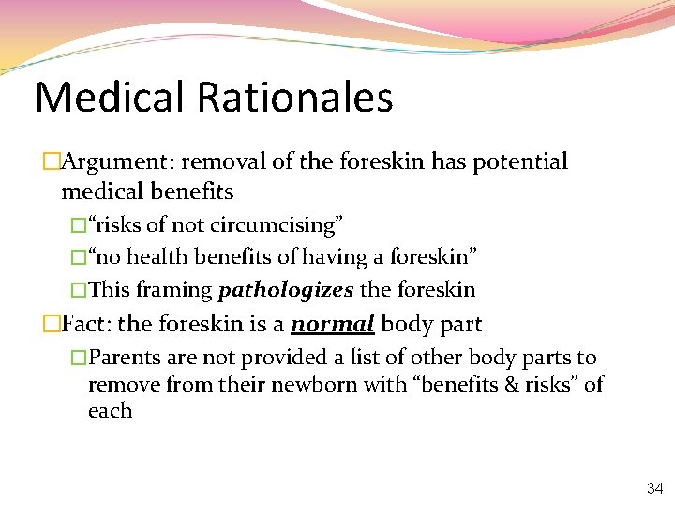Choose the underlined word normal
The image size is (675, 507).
pyautogui.click(x=333, y=325)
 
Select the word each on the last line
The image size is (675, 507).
pyautogui.click(x=110, y=410)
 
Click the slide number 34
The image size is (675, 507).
pyautogui.click(x=654, y=488)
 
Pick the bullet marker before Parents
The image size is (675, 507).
pyautogui.click(x=79, y=358)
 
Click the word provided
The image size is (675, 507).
pyautogui.click(x=289, y=358)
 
